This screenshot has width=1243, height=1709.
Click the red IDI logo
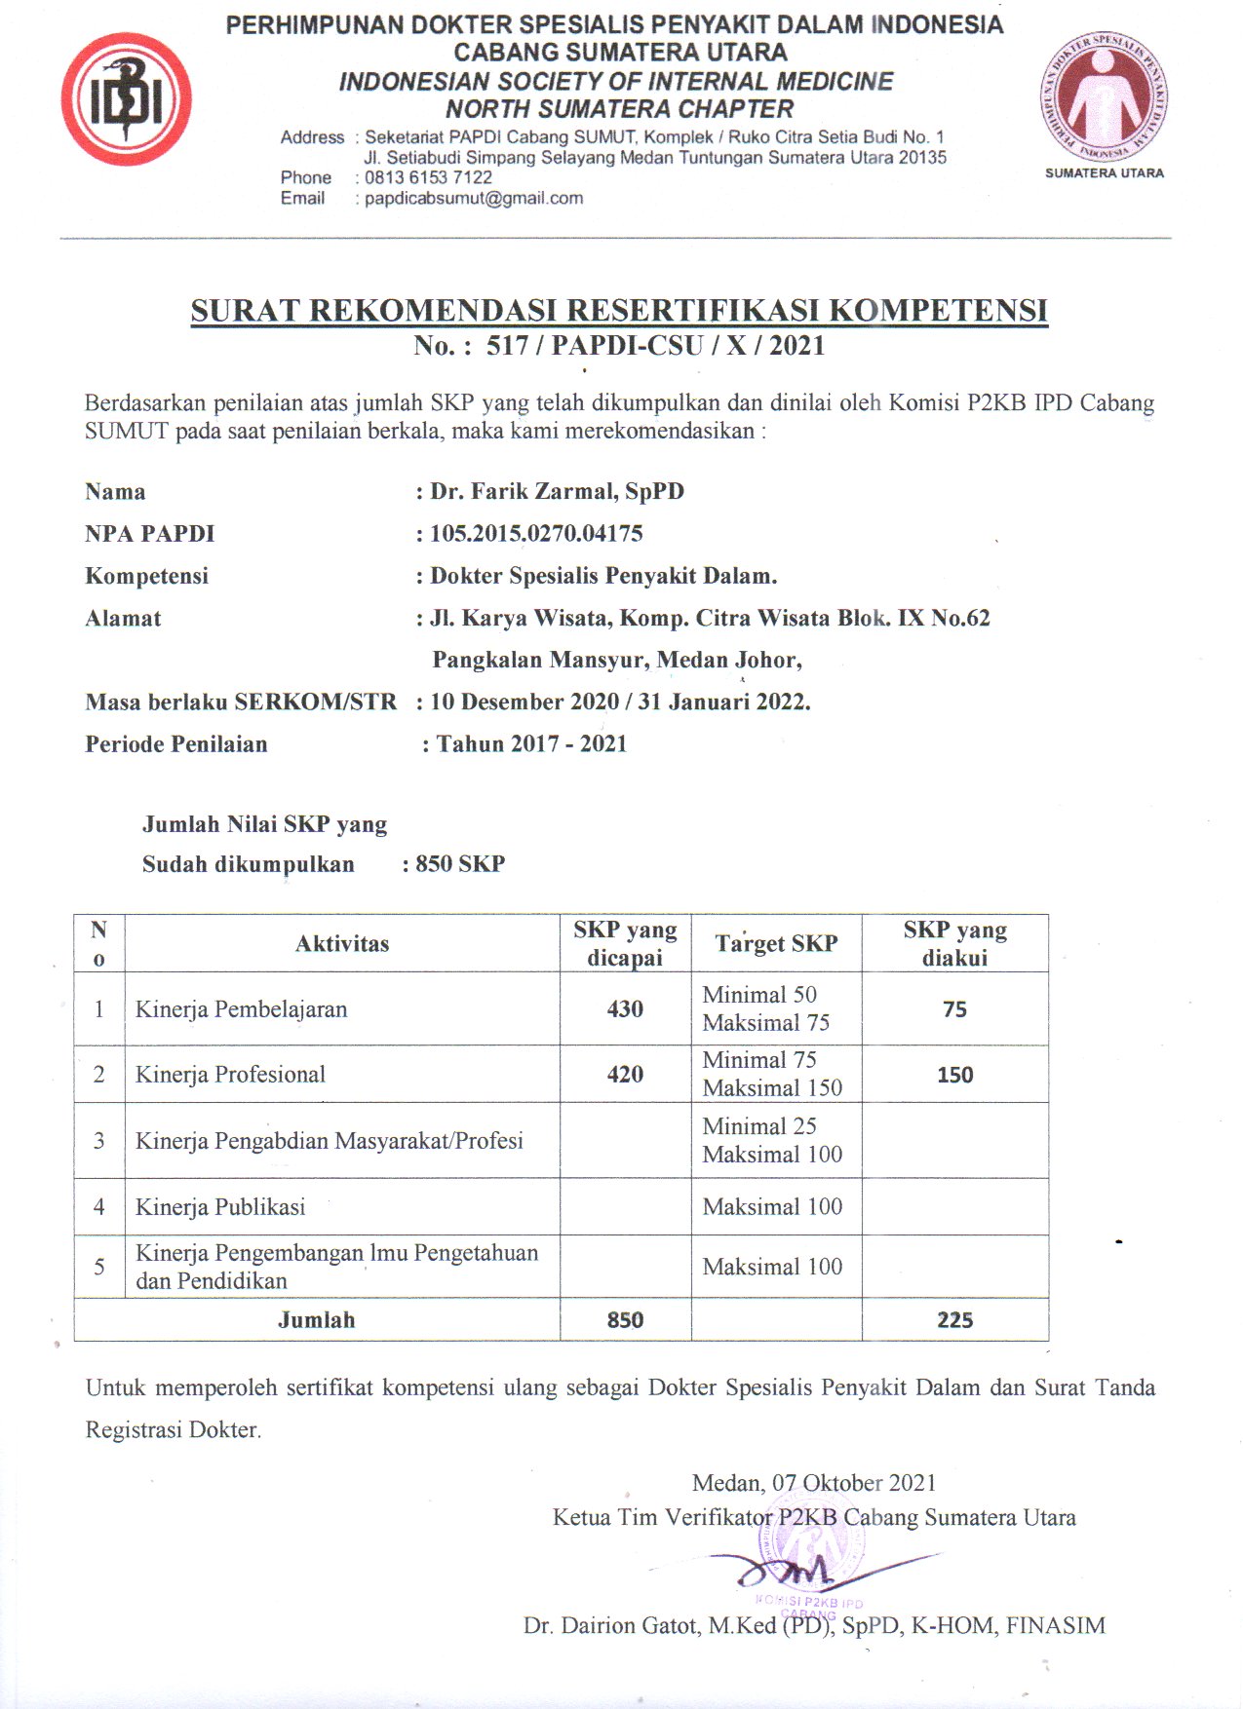tap(126, 98)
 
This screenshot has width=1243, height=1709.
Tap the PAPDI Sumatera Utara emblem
tap(1104, 100)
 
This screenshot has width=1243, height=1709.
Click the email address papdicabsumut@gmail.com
tap(474, 199)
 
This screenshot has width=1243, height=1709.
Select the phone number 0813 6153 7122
tap(428, 177)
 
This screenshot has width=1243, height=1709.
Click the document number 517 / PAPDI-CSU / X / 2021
tap(655, 346)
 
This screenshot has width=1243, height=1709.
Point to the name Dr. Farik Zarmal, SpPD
tap(557, 491)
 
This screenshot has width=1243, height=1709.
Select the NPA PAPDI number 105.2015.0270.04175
tap(536, 534)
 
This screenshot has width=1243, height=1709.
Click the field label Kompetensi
tap(146, 576)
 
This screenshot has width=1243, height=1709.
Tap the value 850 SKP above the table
tap(459, 864)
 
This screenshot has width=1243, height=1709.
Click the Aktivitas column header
tap(342, 943)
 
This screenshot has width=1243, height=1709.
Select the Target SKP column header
tap(776, 943)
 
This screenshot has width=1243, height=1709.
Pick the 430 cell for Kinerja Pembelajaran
tap(625, 1009)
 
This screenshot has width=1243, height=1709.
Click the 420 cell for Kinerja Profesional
tap(625, 1075)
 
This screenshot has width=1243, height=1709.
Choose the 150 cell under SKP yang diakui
tap(954, 1075)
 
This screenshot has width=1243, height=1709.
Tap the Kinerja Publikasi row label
tap(220, 1207)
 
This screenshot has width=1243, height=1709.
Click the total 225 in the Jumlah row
tap(954, 1320)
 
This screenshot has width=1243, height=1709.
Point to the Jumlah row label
tap(316, 1320)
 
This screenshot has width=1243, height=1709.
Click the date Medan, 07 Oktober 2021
tap(813, 1483)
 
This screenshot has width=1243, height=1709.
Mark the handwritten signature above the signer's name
tap(790, 1569)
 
